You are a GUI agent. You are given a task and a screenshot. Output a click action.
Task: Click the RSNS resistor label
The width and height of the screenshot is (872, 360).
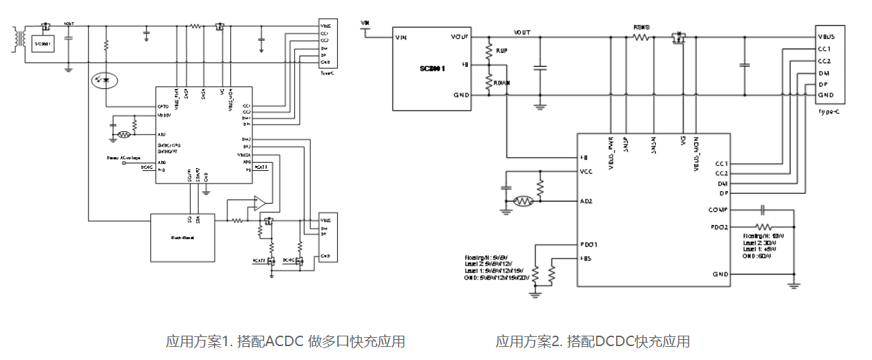coord(641,28)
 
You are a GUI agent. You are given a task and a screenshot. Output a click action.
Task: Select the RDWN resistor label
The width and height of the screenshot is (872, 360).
coord(502,82)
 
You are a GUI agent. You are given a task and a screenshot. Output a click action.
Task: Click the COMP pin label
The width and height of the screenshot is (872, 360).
coord(717,209)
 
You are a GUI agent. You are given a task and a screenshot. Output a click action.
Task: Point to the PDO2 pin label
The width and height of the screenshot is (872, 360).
coord(718,227)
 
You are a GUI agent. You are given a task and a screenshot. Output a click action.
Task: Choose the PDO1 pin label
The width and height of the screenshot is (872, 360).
coord(589,244)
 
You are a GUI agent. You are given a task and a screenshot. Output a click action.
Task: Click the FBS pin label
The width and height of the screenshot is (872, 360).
coord(586,259)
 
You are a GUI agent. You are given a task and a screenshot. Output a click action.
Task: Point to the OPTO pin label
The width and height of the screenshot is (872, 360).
coord(163,106)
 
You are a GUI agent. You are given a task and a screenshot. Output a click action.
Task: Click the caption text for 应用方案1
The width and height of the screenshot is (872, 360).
coord(285,341)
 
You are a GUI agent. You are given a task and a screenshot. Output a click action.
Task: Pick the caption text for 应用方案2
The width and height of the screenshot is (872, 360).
coord(592,341)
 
